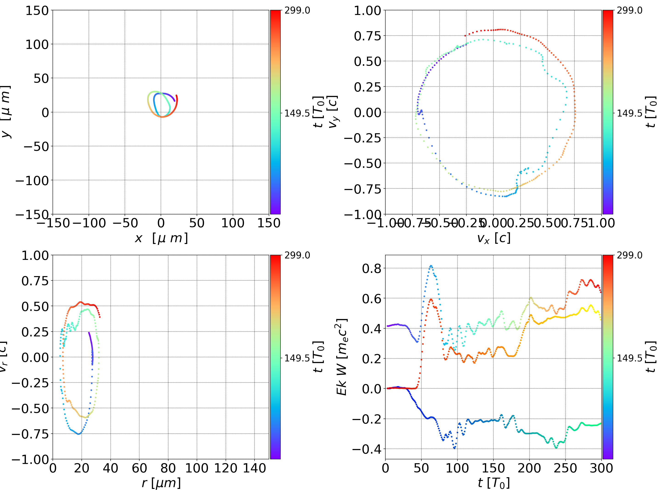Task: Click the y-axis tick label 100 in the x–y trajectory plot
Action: (37, 44)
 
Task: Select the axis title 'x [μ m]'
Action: (161, 238)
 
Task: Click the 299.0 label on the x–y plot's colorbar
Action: (297, 11)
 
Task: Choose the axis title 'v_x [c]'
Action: (493, 238)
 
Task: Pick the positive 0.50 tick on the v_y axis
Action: (367, 61)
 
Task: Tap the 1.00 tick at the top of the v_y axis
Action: (367, 11)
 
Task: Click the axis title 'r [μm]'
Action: (161, 483)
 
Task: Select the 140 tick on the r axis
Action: (254, 468)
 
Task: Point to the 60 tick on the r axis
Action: (139, 468)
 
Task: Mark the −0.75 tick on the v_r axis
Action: (30, 434)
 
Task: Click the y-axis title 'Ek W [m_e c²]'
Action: (342, 357)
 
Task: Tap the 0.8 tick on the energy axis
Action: (372, 269)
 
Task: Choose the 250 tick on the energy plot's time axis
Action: (565, 468)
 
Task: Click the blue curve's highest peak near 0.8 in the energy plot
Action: (431, 266)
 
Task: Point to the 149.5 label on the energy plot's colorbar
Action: (629, 358)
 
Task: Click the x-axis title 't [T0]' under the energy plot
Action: (493, 483)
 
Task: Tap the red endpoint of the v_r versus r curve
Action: (100, 317)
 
